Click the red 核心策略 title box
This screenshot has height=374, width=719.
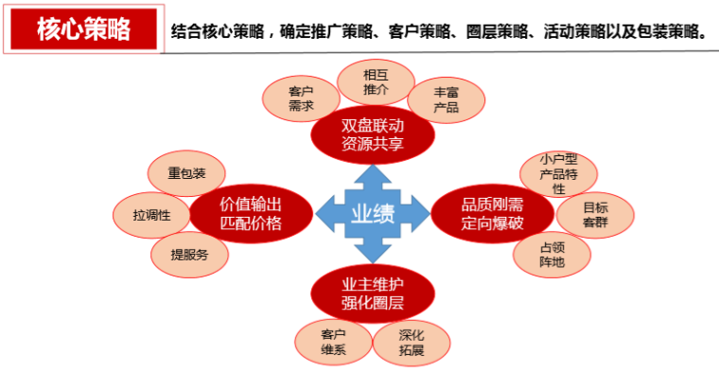(x=83, y=29)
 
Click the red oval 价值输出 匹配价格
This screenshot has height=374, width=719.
(x=251, y=213)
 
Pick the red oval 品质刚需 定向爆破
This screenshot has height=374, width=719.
(x=492, y=214)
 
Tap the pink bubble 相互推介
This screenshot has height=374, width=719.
(x=376, y=81)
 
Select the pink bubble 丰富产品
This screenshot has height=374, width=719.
(x=446, y=100)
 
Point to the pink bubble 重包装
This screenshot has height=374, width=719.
(x=186, y=174)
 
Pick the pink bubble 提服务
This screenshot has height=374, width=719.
(x=189, y=254)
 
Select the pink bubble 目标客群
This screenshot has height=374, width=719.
(x=594, y=215)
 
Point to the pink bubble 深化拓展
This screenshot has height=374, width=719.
(x=412, y=342)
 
